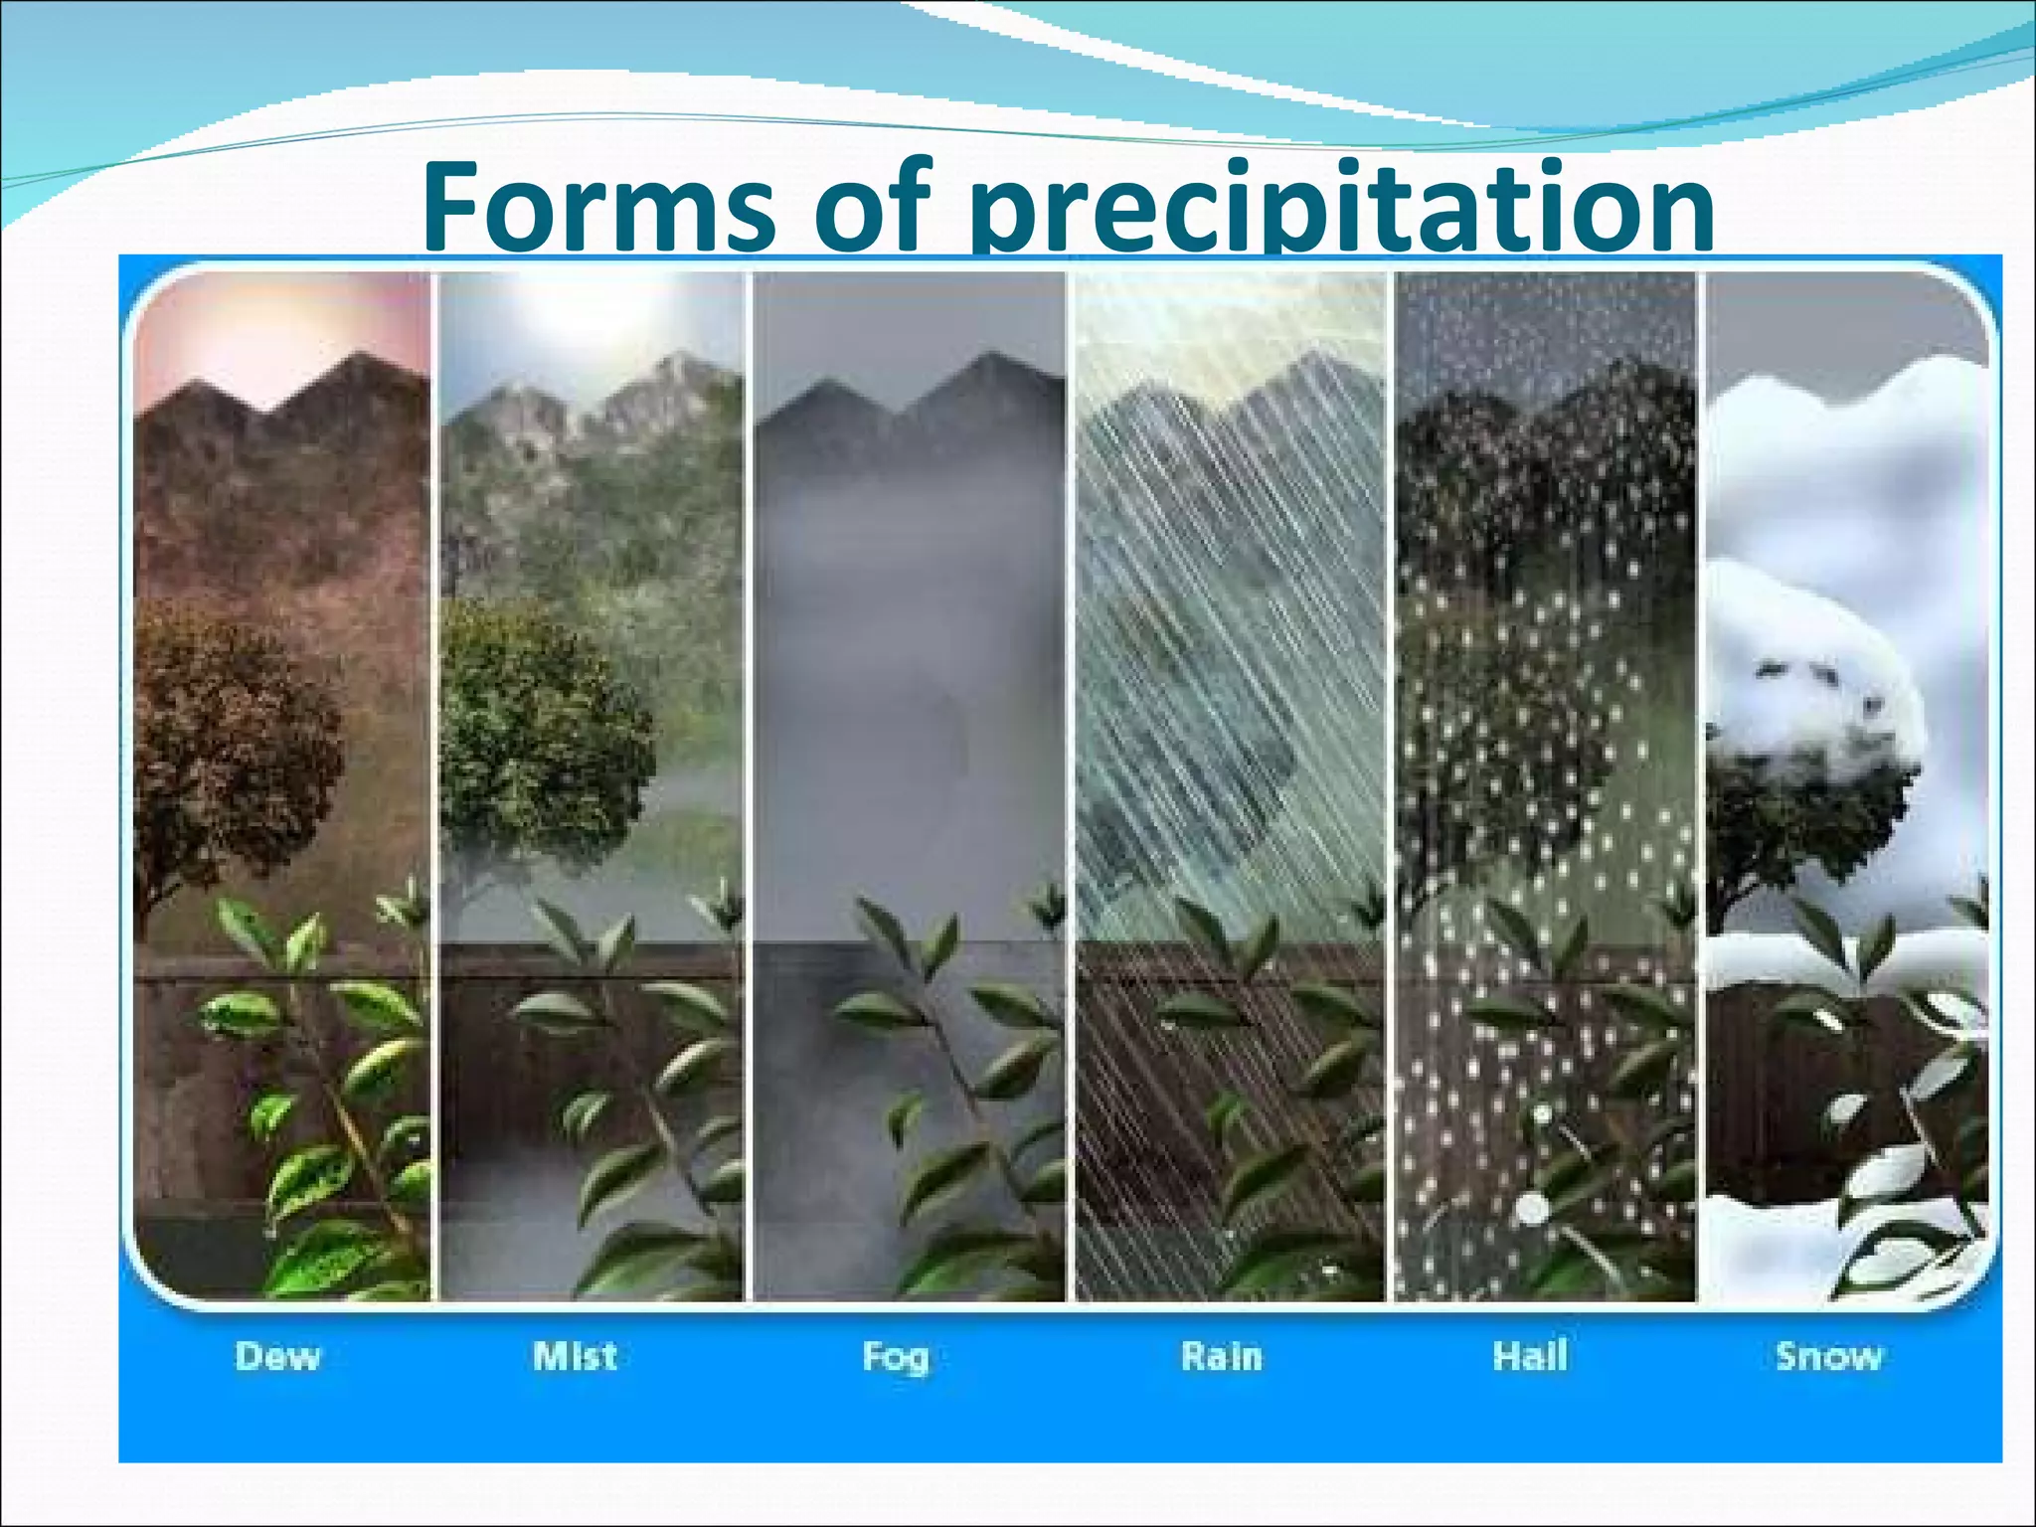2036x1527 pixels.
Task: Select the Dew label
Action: click(277, 1356)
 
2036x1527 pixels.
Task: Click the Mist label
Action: click(575, 1355)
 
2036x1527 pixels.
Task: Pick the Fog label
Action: click(895, 1357)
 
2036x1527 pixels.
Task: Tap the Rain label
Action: click(1221, 1356)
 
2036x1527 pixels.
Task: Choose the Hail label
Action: click(1530, 1355)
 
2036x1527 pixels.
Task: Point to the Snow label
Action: click(1828, 1356)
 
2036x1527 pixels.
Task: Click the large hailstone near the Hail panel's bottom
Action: click(1531, 1208)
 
